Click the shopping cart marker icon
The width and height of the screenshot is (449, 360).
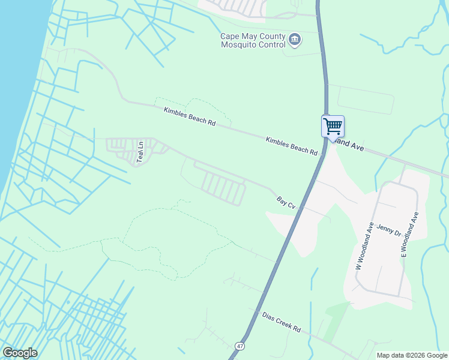pyautogui.click(x=333, y=127)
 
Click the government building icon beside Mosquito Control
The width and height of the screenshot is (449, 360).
pyautogui.click(x=295, y=40)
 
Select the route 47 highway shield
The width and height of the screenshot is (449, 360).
pyautogui.click(x=240, y=346)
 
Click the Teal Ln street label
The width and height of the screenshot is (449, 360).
pyautogui.click(x=141, y=152)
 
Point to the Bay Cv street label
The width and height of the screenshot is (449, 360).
pyautogui.click(x=286, y=203)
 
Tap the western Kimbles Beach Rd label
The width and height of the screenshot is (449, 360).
pyautogui.click(x=190, y=116)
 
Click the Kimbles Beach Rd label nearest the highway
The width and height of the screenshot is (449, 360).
pyautogui.click(x=292, y=146)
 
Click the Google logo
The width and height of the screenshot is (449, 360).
pyautogui.click(x=20, y=353)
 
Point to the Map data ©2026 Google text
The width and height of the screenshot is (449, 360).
pyautogui.click(x=412, y=355)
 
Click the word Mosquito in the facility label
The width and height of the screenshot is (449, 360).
pyautogui.click(x=240, y=44)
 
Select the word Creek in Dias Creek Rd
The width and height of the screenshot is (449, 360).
pyautogui.click(x=282, y=323)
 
